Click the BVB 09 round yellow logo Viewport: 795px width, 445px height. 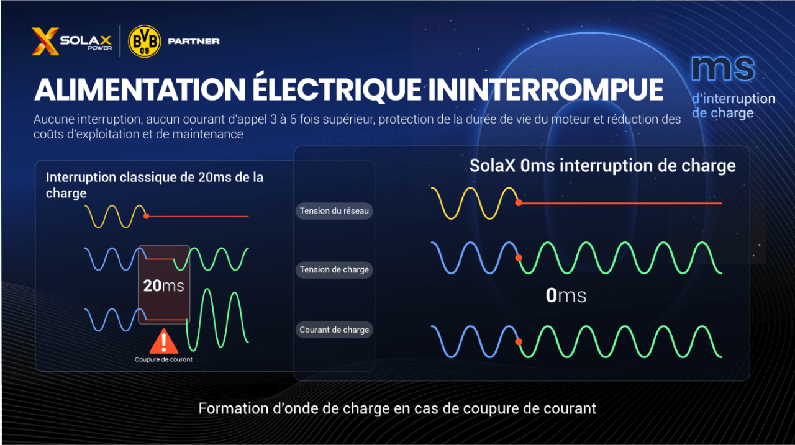(144, 42)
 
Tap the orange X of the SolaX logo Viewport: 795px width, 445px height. (45, 42)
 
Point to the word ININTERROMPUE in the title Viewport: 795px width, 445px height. (546, 89)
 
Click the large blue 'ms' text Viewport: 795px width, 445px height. (722, 69)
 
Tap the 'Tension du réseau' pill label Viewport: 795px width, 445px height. (334, 211)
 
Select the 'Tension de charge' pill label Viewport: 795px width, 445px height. (334, 270)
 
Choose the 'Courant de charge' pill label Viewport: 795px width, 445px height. (334, 330)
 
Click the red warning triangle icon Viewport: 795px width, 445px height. (163, 341)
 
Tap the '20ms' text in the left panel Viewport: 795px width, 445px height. (163, 285)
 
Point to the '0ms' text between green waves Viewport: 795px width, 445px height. (565, 295)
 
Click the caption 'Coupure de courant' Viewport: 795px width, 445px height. (163, 360)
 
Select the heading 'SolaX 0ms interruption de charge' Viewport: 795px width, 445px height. (602, 166)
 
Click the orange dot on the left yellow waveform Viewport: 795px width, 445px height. (146, 216)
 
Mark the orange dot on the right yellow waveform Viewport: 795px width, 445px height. (519, 203)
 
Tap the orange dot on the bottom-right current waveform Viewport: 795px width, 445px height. (519, 341)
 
